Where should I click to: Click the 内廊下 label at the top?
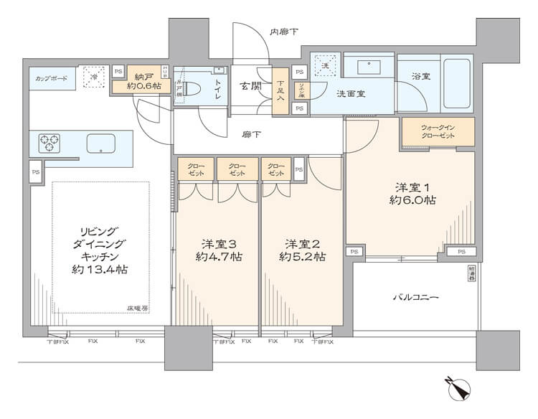[284, 32]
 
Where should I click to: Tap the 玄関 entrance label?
[249, 88]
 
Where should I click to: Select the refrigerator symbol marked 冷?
[91, 76]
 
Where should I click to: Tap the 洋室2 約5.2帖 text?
[303, 250]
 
